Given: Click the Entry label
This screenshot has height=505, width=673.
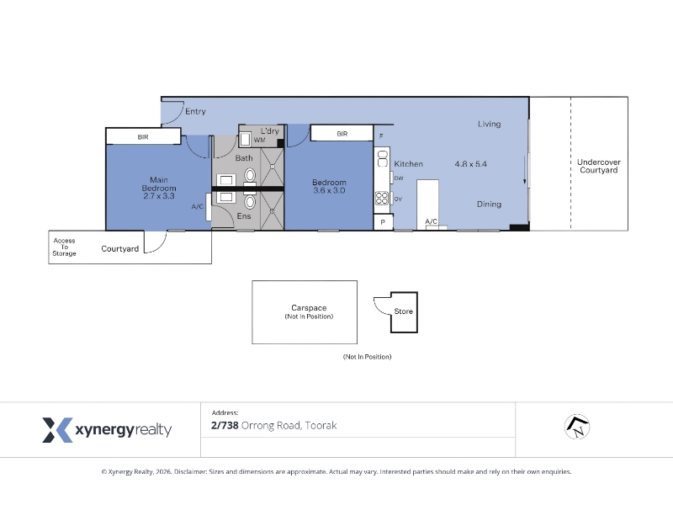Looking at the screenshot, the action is coord(195,111).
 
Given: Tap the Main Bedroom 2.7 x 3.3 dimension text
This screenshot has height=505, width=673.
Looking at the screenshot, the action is coord(159,196).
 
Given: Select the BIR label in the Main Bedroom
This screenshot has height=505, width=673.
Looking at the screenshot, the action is coord(143,137).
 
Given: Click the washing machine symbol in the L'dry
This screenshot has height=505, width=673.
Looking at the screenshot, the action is coord(245,139).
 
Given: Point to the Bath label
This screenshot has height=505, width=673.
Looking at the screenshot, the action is coord(244,158).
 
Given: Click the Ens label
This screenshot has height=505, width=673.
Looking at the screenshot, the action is coord(244,216).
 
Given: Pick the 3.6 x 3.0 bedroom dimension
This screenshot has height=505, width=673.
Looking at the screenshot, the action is coord(329,190).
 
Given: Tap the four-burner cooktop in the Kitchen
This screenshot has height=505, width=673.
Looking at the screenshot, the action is coord(382,198).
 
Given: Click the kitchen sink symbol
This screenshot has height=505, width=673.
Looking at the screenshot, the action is coord(383,158).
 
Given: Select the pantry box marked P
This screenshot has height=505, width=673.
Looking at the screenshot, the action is coord(383,222).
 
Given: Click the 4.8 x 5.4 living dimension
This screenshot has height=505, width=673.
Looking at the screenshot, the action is coord(471,164).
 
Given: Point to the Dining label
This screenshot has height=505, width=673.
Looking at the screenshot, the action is coord(489,205).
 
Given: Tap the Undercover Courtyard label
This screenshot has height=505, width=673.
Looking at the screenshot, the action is coord(599,166).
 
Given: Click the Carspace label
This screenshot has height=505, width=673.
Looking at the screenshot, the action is coord(309,308).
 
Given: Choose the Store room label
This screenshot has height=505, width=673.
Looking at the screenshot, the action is coord(404,311).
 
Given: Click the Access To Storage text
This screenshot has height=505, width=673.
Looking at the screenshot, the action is coord(65,247).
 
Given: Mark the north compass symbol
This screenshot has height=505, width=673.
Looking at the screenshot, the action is coord(577,427).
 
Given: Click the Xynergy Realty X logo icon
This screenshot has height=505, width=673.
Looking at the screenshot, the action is coord(57,430).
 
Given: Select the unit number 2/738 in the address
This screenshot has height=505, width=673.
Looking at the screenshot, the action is coord(225,426).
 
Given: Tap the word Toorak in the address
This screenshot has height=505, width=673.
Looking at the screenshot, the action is coord(321,426).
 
